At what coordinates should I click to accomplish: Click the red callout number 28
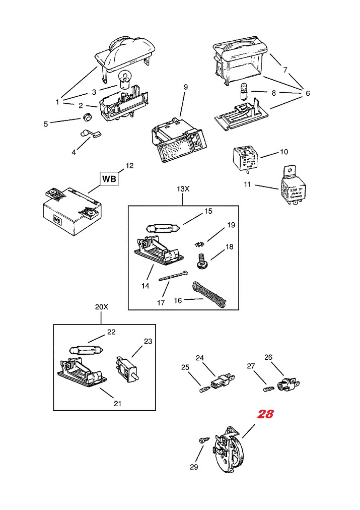[265, 414]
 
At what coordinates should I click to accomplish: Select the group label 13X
[183, 188]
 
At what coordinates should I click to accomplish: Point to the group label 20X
[101, 306]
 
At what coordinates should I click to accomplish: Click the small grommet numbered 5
[87, 118]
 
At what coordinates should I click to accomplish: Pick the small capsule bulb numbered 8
[244, 93]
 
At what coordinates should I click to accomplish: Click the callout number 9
[185, 87]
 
